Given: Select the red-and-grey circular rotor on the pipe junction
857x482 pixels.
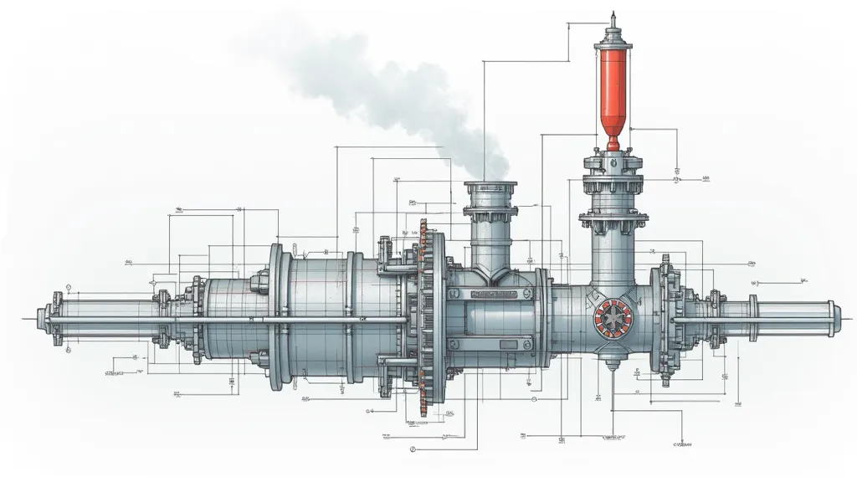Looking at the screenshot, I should point(611,320).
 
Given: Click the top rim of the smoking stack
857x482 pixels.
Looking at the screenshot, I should point(490,187).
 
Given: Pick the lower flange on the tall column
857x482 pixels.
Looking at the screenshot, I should point(613,219).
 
